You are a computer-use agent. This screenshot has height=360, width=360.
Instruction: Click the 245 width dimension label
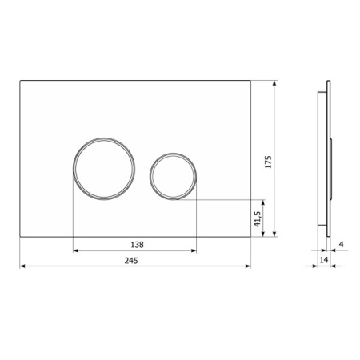tap(131, 260)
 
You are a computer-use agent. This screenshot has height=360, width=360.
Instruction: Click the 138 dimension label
tap(137, 245)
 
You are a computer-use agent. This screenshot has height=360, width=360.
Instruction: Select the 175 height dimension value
tap(268, 162)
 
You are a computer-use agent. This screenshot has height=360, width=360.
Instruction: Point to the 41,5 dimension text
tap(258, 218)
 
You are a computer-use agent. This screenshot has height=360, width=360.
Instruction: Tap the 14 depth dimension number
tap(324, 259)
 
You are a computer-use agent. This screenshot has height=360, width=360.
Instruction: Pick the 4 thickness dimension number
tap(342, 244)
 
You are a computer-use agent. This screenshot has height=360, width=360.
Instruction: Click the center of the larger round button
tap(104, 169)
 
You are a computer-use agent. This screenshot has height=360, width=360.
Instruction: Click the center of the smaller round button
tap(173, 176)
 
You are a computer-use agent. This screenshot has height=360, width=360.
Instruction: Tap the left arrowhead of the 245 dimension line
tap(22, 266)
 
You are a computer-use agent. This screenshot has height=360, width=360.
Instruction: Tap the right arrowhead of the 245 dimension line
tap(248, 266)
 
